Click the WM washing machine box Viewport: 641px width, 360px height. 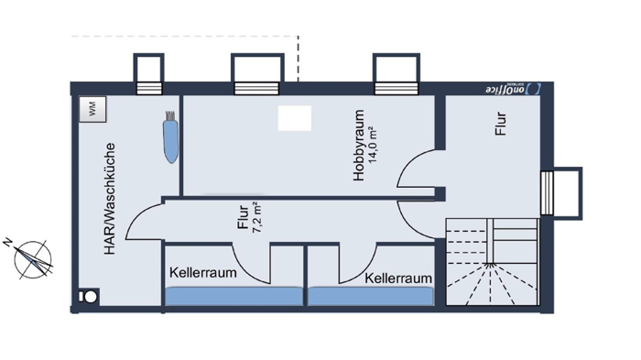(92, 108)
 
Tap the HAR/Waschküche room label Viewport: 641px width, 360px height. (109, 199)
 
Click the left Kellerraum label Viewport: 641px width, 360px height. (203, 273)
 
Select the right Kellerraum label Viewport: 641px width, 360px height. (397, 278)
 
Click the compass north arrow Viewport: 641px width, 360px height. (33, 257)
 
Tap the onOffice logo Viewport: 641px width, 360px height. (511, 89)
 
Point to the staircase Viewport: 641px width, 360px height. (491, 264)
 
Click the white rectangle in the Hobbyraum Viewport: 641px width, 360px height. (295, 118)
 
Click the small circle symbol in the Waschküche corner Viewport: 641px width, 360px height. (91, 298)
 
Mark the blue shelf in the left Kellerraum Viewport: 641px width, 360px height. (233, 296)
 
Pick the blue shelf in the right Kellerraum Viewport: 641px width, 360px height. (371, 296)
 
